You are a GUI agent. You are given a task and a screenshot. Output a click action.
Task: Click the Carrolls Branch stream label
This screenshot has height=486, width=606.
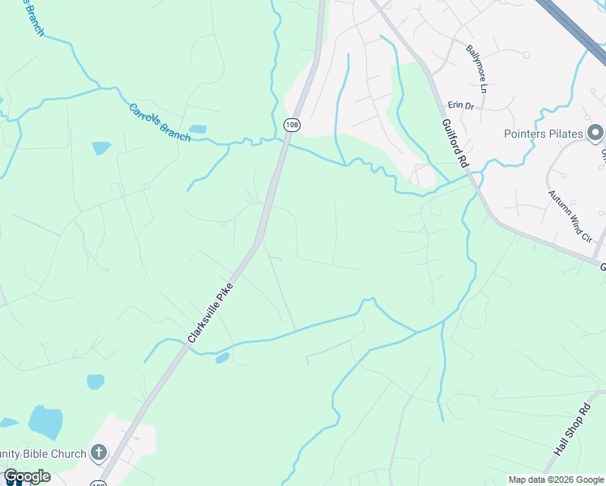point(160,122)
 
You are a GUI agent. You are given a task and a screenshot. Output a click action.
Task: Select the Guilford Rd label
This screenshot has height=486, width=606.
point(455,144)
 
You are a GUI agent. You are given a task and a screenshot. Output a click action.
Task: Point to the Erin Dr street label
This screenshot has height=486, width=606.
point(461,105)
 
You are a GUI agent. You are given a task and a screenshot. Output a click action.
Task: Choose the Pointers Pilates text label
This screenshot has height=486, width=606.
point(544,134)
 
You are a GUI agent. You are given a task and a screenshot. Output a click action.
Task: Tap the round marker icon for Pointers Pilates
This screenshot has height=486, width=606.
point(595,132)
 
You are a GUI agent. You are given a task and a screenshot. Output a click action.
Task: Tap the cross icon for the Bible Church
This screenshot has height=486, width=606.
point(98,453)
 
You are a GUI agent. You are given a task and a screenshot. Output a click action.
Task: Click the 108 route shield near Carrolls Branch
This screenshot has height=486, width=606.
point(292,125)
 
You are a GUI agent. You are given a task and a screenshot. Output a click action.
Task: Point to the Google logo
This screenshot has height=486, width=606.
point(27,476)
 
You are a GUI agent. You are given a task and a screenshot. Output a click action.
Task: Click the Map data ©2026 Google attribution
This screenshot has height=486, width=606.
point(555,480)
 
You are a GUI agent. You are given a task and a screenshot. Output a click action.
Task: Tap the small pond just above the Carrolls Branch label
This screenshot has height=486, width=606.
point(197,129)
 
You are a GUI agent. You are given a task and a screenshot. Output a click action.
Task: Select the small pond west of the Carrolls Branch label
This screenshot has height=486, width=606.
point(101,148)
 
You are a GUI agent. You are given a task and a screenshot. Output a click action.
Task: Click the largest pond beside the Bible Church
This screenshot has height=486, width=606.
point(45,421)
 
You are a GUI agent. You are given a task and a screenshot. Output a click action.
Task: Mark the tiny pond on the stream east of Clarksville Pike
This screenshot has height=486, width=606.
point(222,358)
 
